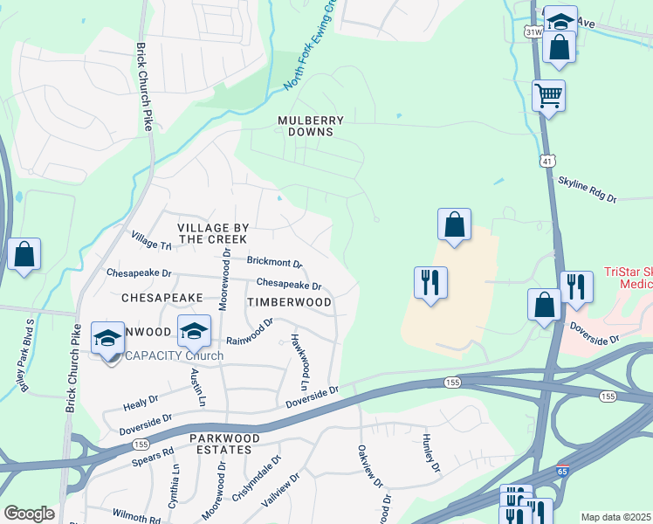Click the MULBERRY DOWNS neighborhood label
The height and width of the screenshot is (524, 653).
[311, 126]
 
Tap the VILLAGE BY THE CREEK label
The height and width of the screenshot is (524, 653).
[213, 233]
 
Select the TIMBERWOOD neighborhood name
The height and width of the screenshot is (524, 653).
[289, 302]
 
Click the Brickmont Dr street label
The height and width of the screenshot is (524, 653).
[274, 262]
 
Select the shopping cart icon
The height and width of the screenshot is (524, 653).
[548, 96]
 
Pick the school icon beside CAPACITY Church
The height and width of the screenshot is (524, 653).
[107, 339]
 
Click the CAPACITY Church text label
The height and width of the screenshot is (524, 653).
[175, 355]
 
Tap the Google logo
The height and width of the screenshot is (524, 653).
[30, 514]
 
